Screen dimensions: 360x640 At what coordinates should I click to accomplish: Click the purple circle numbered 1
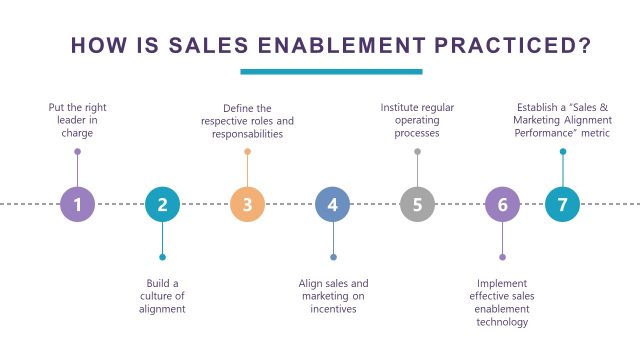77,205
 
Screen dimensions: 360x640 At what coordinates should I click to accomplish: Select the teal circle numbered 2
162,205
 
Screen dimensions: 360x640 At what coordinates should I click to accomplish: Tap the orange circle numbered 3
247,205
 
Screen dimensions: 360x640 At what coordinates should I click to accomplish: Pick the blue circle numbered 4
333,205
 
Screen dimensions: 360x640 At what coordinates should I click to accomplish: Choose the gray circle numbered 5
417,205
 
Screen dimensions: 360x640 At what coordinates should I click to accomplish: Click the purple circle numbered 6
502,205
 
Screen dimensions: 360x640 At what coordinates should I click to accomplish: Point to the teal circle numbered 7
562,205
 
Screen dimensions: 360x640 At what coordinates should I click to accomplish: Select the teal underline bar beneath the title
331,71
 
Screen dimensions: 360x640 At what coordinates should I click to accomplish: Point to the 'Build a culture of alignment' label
162,296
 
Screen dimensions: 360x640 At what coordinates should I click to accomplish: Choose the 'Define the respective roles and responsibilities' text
247,120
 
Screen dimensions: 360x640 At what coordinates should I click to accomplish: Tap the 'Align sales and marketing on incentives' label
333,296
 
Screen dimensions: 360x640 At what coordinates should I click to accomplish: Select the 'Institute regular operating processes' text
417,120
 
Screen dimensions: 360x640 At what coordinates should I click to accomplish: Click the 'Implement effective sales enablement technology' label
502,302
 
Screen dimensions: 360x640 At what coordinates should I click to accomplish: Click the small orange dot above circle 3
247,152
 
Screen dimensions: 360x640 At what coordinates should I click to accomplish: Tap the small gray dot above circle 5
417,152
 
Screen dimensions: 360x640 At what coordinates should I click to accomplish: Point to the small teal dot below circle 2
162,257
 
